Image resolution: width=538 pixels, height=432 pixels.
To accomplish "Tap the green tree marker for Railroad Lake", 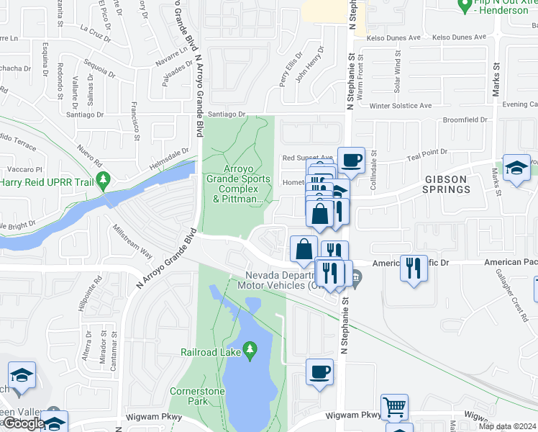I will coord(249,351).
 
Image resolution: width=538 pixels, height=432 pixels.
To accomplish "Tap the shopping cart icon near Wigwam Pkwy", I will coord(393,408).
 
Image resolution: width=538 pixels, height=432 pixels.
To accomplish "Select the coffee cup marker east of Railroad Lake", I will coord(320,373).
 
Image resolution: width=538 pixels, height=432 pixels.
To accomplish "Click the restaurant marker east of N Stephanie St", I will coord(414,269).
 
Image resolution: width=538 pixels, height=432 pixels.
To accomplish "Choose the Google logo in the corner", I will coord(23,423).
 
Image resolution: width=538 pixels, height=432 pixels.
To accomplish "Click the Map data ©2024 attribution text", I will coord(507,426).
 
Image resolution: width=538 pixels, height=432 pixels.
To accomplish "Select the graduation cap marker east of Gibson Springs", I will coord(516,168).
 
